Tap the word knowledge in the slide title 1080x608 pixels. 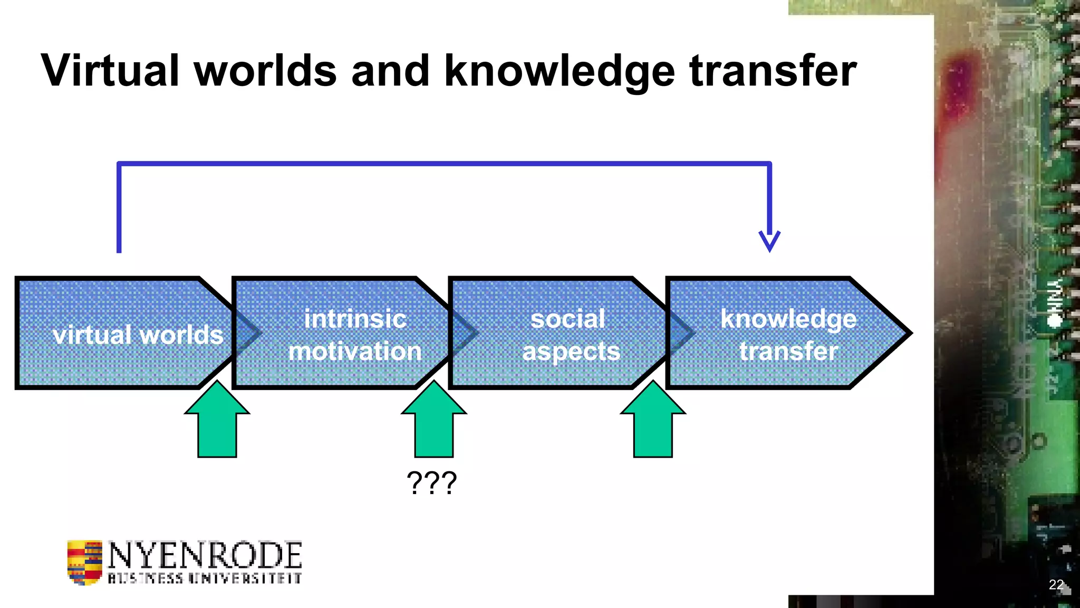click(560, 72)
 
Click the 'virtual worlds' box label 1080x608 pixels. click(138, 335)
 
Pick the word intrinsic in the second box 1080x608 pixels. click(355, 319)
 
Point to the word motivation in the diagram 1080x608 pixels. click(355, 351)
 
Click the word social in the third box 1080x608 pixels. click(567, 319)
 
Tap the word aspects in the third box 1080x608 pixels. click(571, 351)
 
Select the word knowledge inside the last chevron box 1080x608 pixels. click(788, 319)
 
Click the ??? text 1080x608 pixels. click(431, 482)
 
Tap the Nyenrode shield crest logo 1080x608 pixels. click(84, 562)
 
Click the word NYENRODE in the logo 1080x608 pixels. click(205, 555)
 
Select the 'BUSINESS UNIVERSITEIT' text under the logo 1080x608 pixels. click(205, 578)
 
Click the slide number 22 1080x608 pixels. click(1056, 584)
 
